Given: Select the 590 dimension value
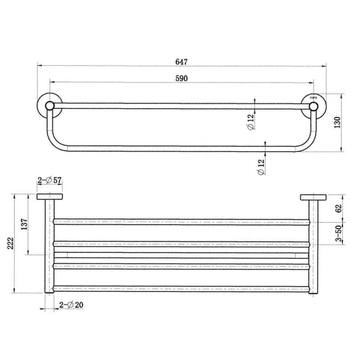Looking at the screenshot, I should coord(181,78).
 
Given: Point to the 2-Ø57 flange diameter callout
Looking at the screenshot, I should coord(49,180).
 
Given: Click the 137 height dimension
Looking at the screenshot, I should coord(24,224).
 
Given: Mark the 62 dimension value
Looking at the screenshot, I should coord(339,208).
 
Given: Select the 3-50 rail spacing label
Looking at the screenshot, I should coord(339,233).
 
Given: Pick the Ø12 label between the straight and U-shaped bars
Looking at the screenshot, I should coord(251,121).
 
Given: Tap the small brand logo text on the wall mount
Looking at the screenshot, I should coord(314,97).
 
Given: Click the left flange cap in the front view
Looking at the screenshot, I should coord(49,197).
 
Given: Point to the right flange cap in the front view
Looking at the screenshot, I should coord(313,197).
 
